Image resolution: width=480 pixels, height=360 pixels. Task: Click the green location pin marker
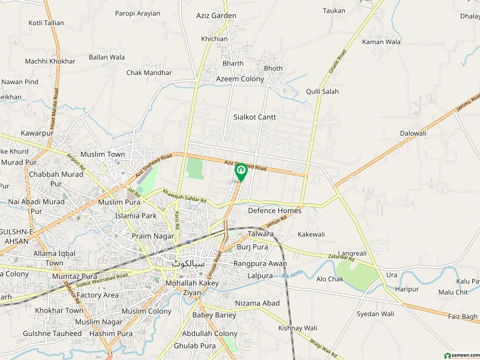click(x=241, y=172)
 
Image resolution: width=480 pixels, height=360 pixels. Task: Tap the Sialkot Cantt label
click(x=255, y=118)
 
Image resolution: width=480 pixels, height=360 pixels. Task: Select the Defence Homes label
click(x=275, y=211)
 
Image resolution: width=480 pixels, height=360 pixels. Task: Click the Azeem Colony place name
click(x=240, y=79)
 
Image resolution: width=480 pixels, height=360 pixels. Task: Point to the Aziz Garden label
click(x=217, y=15)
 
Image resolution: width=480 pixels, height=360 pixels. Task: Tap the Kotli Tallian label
click(x=46, y=23)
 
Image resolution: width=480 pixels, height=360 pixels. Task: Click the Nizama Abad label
click(x=257, y=304)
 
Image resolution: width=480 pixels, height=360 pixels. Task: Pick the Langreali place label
click(x=352, y=254)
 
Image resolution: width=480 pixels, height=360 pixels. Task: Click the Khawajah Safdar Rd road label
click(x=184, y=196)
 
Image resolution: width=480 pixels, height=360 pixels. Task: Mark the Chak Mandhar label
click(x=149, y=73)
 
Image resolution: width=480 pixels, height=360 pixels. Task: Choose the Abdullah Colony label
click(x=209, y=334)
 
